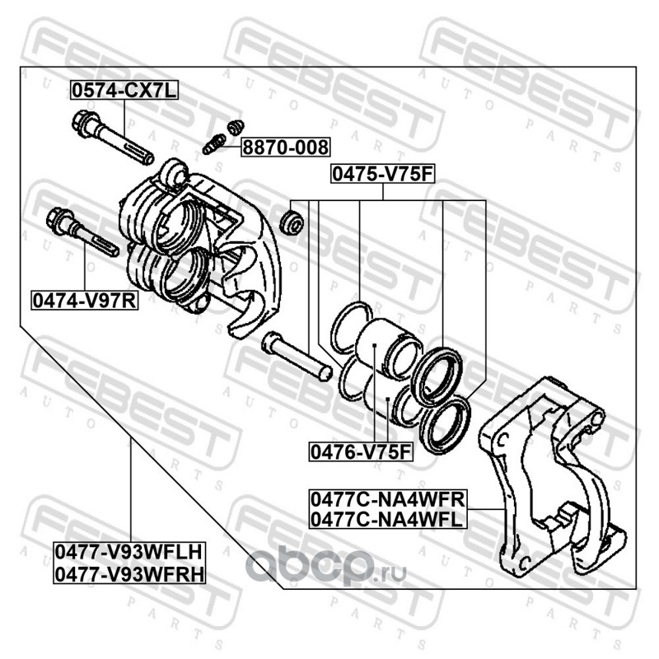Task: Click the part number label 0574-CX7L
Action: click(123, 92)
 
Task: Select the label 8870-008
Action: click(284, 148)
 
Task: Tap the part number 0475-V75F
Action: click(382, 174)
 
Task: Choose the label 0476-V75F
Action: click(360, 451)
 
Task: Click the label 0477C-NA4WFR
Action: click(387, 499)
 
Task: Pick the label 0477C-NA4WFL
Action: click(386, 519)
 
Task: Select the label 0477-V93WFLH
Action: click(129, 549)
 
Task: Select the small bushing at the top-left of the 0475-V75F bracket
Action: click(291, 222)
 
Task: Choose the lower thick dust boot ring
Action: click(444, 423)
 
